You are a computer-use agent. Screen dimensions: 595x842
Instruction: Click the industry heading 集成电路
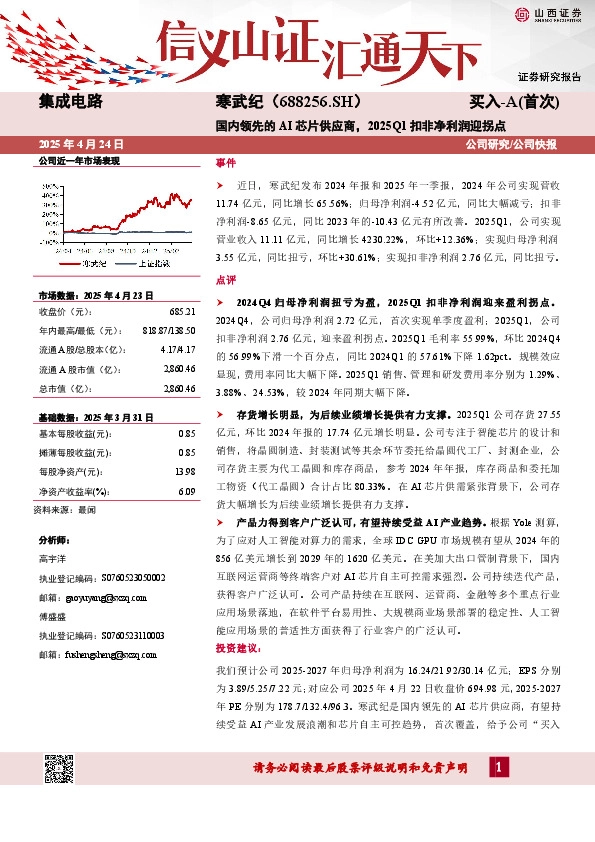point(70,101)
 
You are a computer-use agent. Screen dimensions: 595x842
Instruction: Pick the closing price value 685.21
point(181,311)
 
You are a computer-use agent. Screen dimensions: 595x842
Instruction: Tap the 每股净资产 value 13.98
point(185,470)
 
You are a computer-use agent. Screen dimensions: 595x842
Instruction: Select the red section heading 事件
point(225,162)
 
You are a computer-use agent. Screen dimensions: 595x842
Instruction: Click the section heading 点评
point(225,281)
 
